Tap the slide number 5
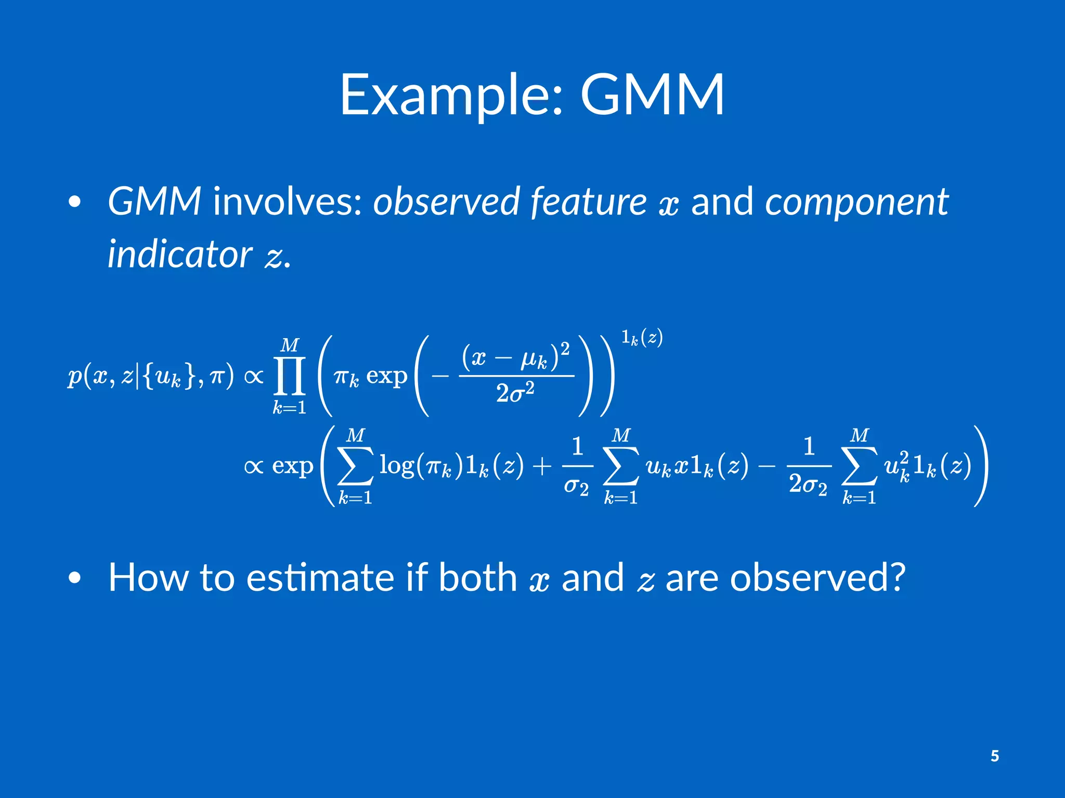(994, 756)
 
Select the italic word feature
(588, 202)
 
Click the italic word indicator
(179, 255)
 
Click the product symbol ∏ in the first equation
(290, 376)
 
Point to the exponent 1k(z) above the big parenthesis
(642, 338)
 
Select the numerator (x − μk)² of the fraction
(516, 356)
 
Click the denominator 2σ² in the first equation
(515, 393)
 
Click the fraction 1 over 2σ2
(808, 466)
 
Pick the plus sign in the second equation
(541, 466)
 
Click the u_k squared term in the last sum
(897, 465)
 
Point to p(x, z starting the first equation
(99, 376)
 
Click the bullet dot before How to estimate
(75, 578)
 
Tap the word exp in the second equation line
(293, 466)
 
